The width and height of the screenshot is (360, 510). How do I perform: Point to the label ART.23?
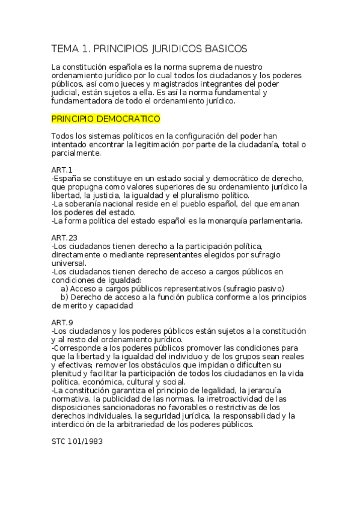coord(64,238)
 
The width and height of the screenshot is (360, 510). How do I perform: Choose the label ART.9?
coord(62,322)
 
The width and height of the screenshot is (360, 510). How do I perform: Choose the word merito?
coord(64,306)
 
